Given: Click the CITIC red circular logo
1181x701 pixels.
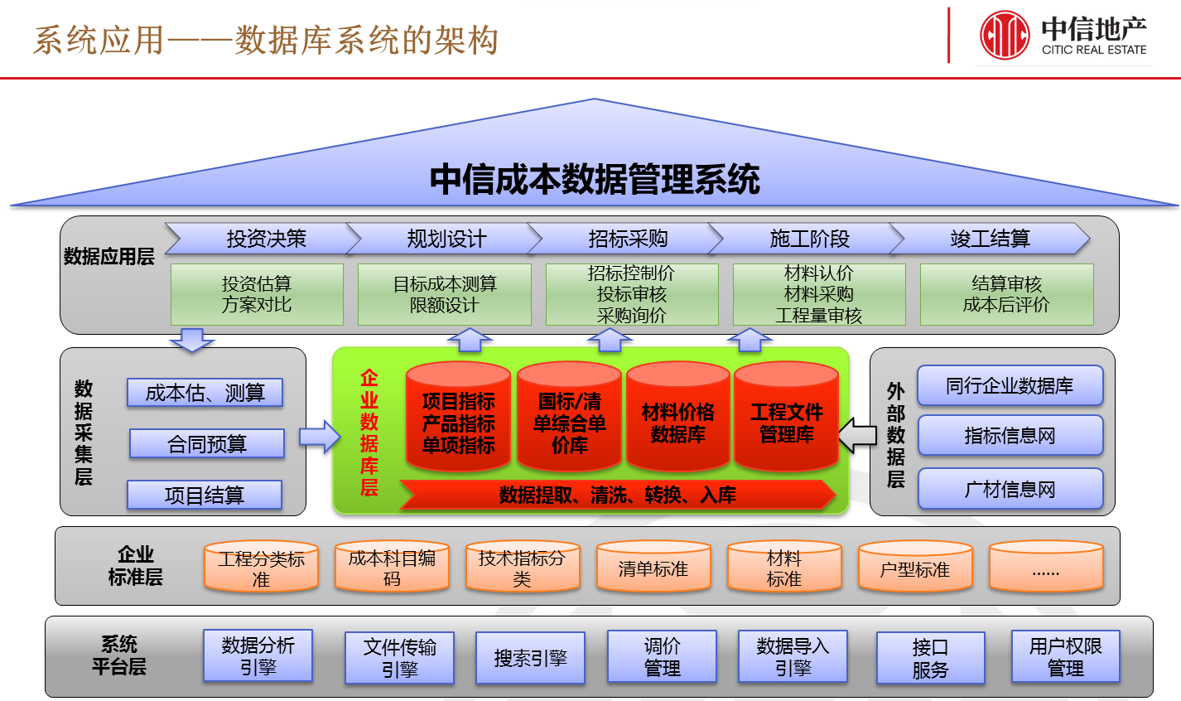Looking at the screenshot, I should click(x=1005, y=36).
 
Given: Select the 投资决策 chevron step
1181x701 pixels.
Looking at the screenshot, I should click(x=265, y=239).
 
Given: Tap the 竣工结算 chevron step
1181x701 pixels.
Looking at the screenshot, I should click(x=990, y=239).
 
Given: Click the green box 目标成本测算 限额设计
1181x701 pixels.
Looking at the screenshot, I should click(x=445, y=294).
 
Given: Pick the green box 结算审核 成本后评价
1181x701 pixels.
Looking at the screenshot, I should click(x=1006, y=294).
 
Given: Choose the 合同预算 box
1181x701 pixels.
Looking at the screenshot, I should click(x=207, y=444).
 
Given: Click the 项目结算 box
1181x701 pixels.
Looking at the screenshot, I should click(x=205, y=496).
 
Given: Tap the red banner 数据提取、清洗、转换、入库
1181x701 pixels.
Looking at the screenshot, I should click(x=617, y=495).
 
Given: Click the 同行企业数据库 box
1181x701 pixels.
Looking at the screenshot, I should click(x=1010, y=385).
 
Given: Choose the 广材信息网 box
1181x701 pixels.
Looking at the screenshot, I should click(x=1010, y=490).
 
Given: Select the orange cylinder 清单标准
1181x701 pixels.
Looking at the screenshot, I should click(x=653, y=568).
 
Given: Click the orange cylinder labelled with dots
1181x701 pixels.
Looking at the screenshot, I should click(x=1046, y=568).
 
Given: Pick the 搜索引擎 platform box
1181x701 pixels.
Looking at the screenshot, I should click(x=530, y=658).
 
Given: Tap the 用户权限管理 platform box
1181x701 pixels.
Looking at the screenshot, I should click(x=1065, y=657).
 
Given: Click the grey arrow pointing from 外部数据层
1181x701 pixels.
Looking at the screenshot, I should click(x=857, y=436).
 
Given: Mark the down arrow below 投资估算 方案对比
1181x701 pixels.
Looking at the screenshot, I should click(x=192, y=340).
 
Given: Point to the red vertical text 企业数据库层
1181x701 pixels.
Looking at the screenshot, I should click(x=369, y=433).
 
